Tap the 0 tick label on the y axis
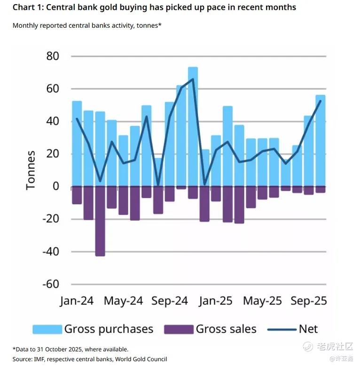pyautogui.click(x=56, y=187)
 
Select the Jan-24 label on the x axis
pyautogui.click(x=77, y=301)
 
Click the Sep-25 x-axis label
pyautogui.click(x=309, y=301)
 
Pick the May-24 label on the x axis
pyautogui.click(x=123, y=301)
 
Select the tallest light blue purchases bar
pyautogui.click(x=193, y=127)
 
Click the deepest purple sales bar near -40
pyautogui.click(x=100, y=221)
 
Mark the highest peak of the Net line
pyautogui.click(x=193, y=79)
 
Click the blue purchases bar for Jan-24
pyautogui.click(x=77, y=144)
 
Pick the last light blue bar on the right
pyautogui.click(x=321, y=141)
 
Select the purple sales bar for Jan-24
pyautogui.click(x=77, y=195)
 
